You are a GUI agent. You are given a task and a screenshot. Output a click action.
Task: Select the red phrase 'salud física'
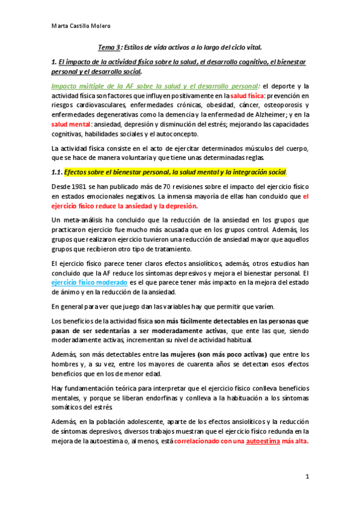[248, 96]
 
